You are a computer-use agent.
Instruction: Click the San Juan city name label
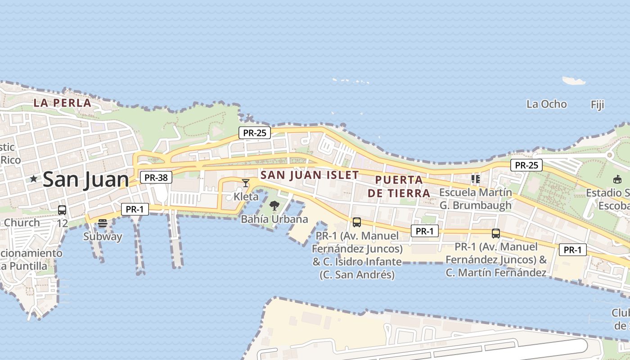coord(85,180)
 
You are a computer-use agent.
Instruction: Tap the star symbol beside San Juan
coord(33,179)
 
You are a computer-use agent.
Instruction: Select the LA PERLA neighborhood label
coord(63,103)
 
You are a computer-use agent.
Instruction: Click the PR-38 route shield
coord(156,177)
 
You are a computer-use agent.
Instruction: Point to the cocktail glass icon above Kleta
coord(246,183)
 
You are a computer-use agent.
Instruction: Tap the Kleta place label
coord(246,197)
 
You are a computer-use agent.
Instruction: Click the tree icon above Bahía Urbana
coord(274,206)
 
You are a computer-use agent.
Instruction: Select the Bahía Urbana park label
coord(274,219)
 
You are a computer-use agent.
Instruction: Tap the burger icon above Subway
coord(103,223)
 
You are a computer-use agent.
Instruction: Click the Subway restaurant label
coord(103,236)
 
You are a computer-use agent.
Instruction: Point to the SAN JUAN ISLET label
coord(310,175)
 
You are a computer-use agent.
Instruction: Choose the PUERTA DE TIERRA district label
coord(399,186)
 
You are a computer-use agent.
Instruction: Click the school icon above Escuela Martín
coord(476,179)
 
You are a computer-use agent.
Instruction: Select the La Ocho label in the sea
coord(546,104)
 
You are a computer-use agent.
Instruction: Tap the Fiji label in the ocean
coord(597,105)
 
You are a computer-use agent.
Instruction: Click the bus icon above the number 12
coord(62,210)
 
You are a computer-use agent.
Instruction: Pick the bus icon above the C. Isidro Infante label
coord(357,222)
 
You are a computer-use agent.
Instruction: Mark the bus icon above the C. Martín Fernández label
coord(496,234)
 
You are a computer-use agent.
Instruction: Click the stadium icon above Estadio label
coord(617,180)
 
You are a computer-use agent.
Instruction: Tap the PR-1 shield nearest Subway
coord(135,209)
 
